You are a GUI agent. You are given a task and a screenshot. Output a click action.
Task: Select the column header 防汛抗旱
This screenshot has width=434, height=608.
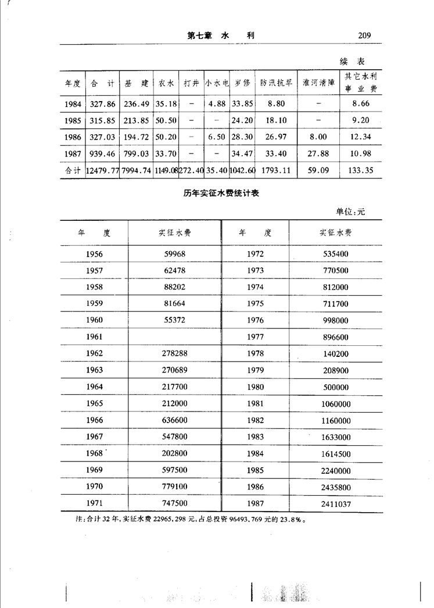(275, 83)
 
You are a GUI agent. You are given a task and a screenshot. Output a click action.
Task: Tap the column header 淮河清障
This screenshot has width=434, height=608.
(319, 83)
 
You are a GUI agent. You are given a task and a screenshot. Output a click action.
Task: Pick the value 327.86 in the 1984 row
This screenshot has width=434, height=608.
(102, 103)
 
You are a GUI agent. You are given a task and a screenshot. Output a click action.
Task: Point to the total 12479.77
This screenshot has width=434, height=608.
(102, 171)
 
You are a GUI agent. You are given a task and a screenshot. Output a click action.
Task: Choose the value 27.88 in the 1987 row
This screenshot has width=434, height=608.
(319, 153)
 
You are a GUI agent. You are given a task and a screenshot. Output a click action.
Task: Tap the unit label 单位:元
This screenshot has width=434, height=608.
(350, 212)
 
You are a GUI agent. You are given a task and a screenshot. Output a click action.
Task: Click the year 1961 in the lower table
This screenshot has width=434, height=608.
(94, 337)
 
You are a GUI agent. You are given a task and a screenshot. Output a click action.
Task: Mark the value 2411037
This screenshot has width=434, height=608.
(335, 503)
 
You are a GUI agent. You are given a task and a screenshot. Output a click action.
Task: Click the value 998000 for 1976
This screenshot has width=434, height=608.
(335, 320)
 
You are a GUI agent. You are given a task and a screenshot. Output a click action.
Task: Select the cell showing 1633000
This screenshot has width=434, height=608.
(335, 437)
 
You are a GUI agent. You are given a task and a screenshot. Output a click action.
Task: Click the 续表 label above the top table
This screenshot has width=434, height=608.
(352, 60)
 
